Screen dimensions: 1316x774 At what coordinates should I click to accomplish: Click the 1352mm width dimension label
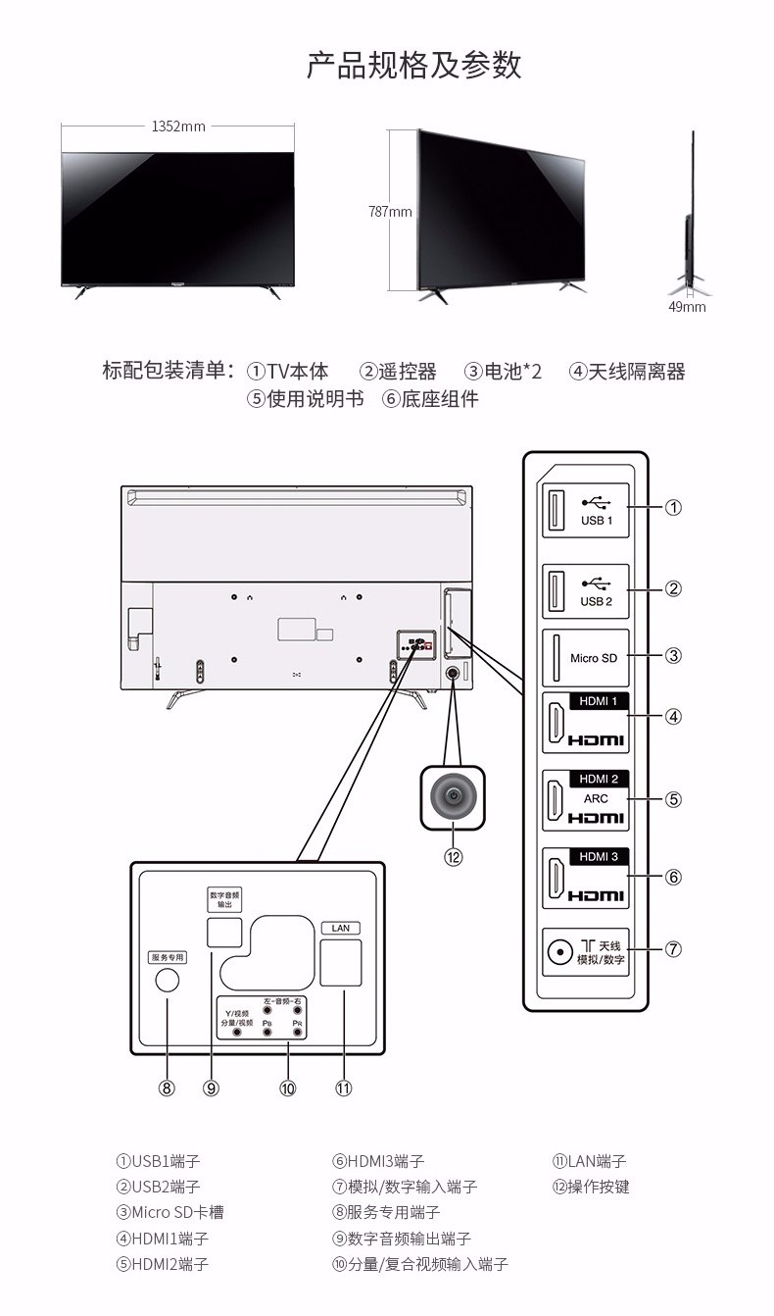(x=177, y=126)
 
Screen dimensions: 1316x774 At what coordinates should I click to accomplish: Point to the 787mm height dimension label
(x=389, y=211)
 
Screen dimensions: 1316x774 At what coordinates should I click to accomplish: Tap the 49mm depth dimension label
(x=687, y=307)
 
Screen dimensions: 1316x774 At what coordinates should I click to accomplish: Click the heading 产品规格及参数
(x=413, y=66)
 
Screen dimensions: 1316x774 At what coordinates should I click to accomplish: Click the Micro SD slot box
(x=586, y=657)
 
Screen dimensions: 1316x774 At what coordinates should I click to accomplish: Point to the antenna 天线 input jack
(x=560, y=950)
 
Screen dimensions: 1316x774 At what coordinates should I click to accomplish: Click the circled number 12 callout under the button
(x=453, y=856)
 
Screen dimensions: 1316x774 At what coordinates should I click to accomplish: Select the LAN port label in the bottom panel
(x=341, y=927)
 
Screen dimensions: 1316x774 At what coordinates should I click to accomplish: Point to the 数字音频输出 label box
(x=224, y=899)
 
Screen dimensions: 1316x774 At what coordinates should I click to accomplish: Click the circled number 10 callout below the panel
(x=287, y=1088)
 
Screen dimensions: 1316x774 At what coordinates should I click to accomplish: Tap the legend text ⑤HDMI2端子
(x=163, y=1264)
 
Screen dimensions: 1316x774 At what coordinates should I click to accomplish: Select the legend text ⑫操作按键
(x=591, y=1187)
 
